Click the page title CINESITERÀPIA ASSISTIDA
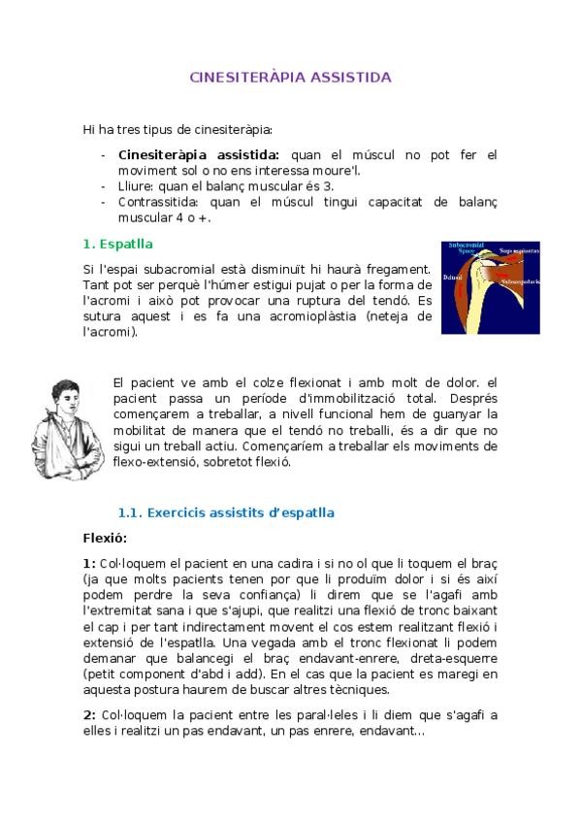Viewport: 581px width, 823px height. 290,77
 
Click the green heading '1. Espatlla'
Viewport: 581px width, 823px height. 117,244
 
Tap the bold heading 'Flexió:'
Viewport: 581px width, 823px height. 105,538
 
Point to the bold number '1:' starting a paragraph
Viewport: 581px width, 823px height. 89,564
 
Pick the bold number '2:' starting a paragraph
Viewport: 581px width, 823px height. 89,715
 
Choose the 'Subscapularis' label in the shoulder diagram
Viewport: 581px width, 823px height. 519,281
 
